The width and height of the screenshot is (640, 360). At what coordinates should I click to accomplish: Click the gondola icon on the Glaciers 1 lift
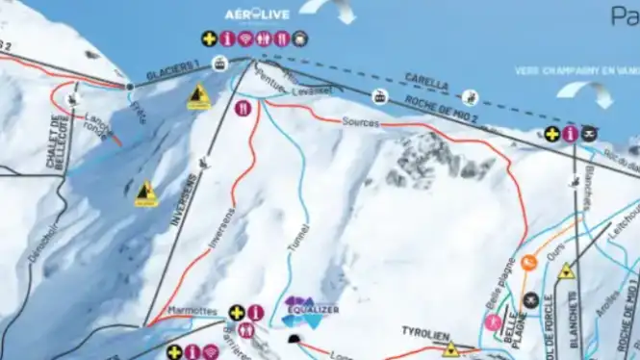[219, 64]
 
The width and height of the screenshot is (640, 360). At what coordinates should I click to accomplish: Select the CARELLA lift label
[426, 82]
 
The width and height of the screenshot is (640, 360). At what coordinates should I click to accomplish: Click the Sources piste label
[361, 122]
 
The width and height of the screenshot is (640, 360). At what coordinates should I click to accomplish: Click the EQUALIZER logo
[312, 310]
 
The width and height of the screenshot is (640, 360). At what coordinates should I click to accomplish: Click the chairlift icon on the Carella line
[470, 96]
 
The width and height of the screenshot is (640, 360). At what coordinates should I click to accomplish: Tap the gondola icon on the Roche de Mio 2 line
[381, 96]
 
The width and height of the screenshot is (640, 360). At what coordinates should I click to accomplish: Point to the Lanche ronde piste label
[100, 127]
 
